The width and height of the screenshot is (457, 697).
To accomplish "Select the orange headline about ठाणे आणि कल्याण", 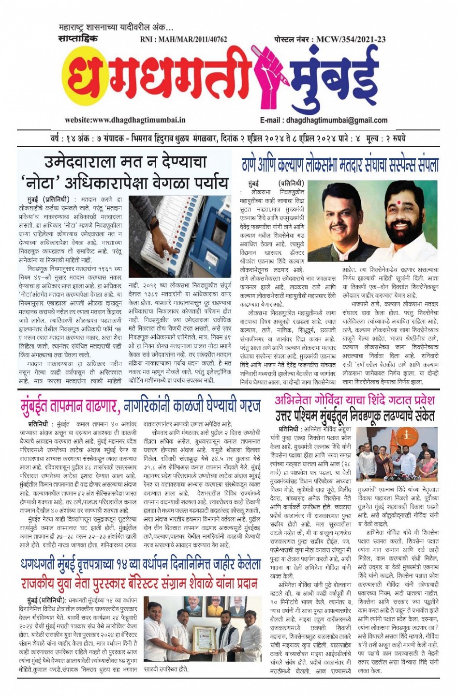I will click(340, 165).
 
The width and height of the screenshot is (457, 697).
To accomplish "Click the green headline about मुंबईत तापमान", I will click(140, 404).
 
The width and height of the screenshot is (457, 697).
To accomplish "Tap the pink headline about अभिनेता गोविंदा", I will click(354, 400).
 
